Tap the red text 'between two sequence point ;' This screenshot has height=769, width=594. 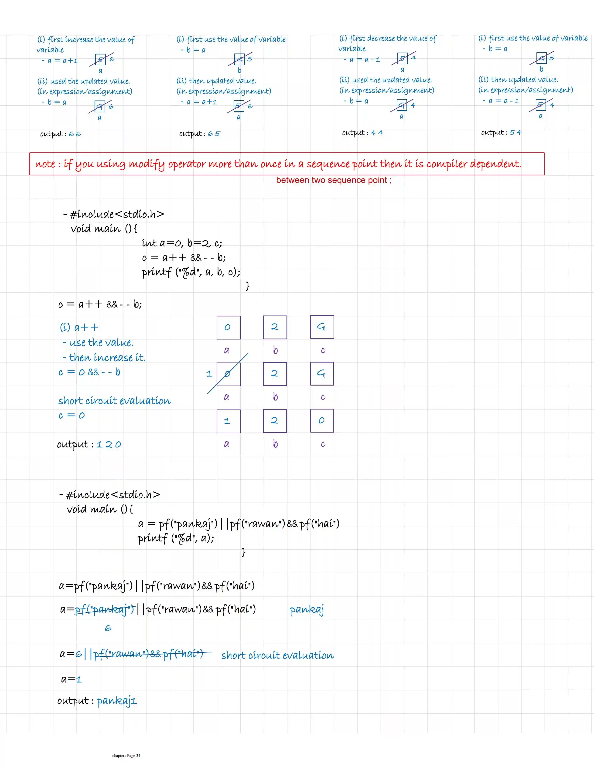(334, 180)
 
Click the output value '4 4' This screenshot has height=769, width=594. (376, 133)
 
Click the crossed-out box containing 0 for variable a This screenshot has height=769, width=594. (229, 374)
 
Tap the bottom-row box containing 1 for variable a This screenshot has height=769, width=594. (229, 421)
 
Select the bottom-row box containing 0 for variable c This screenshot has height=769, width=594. (322, 421)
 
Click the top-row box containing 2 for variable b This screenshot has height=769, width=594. (275, 327)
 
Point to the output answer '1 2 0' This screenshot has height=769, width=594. (109, 445)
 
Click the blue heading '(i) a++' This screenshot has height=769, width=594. (79, 327)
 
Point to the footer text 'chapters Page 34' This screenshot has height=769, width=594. (126, 756)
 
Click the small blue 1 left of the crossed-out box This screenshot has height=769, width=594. (209, 374)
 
